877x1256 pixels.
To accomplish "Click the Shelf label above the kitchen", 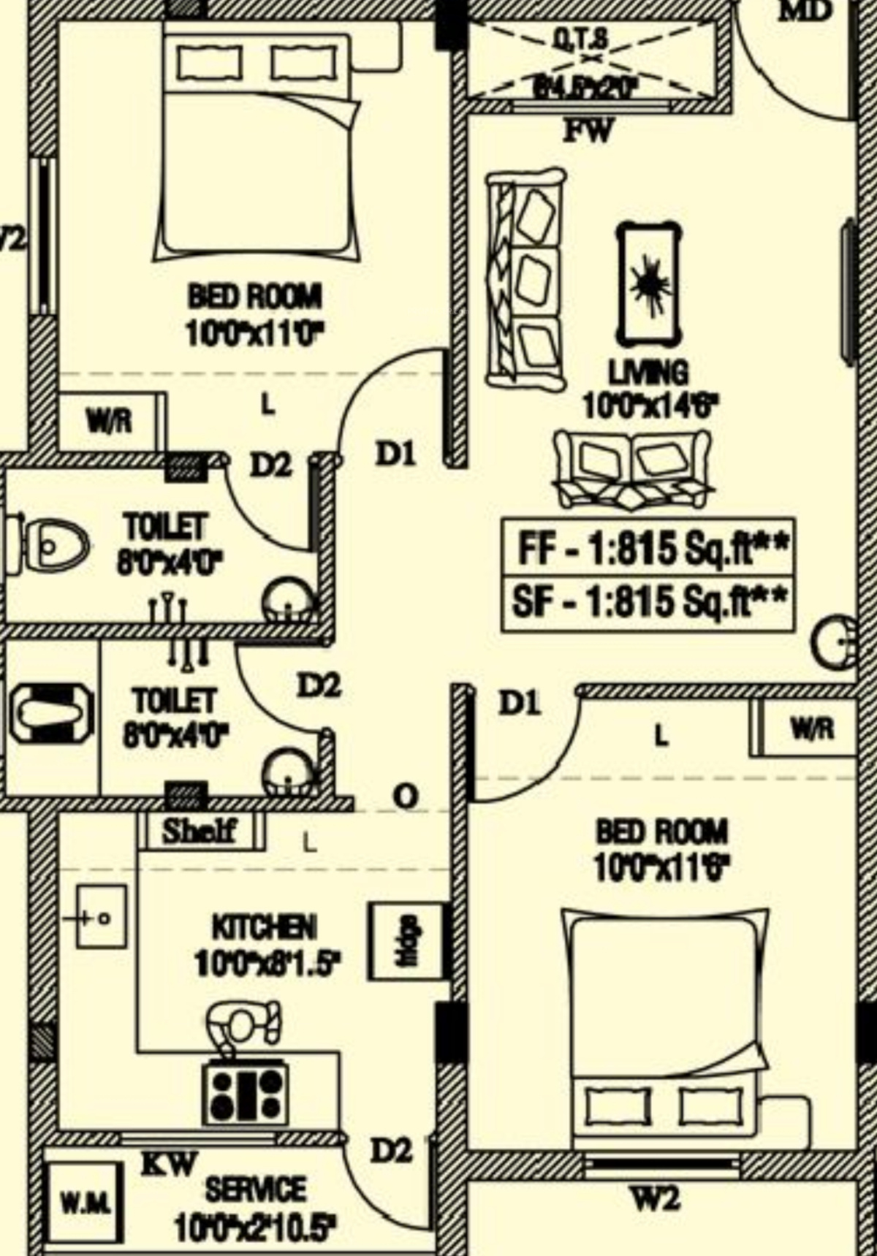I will pos(199,831).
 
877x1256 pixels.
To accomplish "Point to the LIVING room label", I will pos(648,373).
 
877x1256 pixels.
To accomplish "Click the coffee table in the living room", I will pos(648,283).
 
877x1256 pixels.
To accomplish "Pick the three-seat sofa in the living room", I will pos(525,280).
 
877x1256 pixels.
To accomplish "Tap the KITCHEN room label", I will pos(264,928).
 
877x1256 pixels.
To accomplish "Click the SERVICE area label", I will pos(256,1190).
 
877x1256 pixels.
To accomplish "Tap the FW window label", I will pos(588,132).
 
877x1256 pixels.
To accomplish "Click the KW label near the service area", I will pos(170,1163).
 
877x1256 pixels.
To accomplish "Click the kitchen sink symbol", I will pos(100,917).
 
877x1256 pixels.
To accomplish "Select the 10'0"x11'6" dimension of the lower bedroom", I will pos(662,868).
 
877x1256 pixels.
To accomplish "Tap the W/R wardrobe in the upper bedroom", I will pos(110,422).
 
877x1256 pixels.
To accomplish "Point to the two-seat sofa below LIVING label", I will pos(632,468).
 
